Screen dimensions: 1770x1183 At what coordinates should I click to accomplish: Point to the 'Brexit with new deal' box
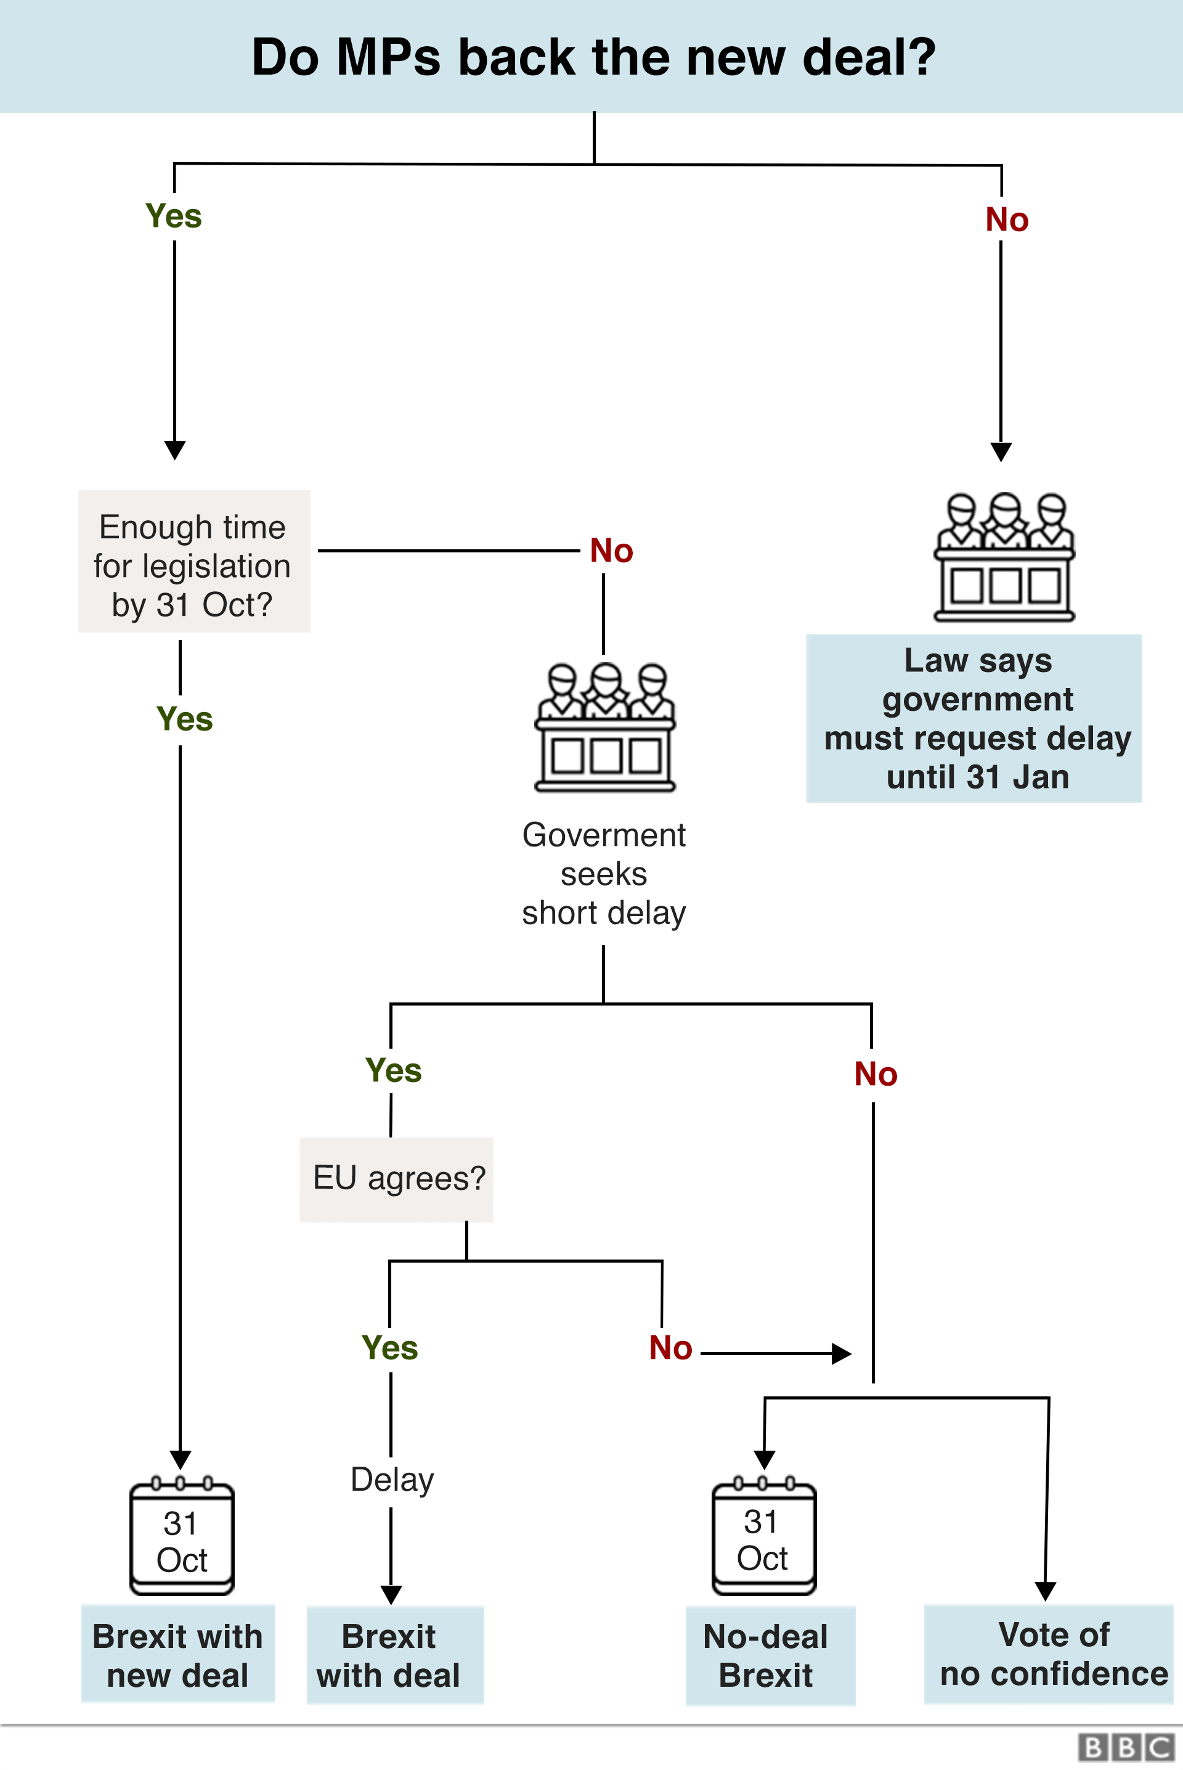pyautogui.click(x=178, y=1655)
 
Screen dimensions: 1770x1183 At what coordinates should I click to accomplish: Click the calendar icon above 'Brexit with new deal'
pyautogui.click(x=182, y=1538)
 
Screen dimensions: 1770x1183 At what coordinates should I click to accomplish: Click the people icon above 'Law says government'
pyautogui.click(x=1004, y=557)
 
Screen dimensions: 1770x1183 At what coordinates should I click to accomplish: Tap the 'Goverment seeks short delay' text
pyautogui.click(x=604, y=874)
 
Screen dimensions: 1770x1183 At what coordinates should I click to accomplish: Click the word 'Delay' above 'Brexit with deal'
pyautogui.click(x=392, y=1480)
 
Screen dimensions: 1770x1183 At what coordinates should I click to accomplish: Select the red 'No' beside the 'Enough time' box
pyautogui.click(x=612, y=551)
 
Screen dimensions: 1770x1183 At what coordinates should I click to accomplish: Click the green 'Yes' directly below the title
pyautogui.click(x=174, y=216)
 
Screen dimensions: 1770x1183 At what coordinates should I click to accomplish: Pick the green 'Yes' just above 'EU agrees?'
pyautogui.click(x=393, y=1070)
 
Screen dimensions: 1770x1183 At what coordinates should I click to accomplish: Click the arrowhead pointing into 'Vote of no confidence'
pyautogui.click(x=1045, y=1591)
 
